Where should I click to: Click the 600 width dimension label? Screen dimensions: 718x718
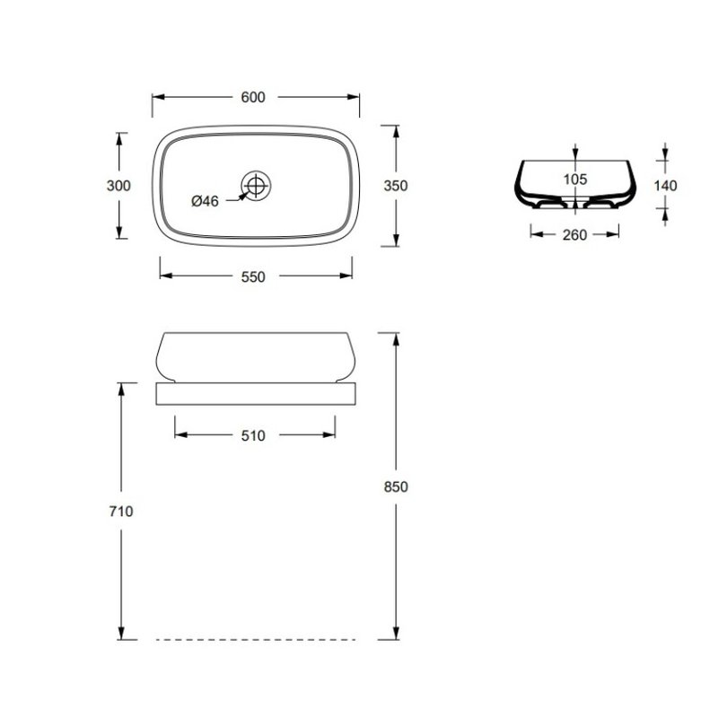tap(253, 97)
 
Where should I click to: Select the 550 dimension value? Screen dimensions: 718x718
tap(253, 276)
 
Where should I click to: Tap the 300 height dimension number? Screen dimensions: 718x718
tap(118, 186)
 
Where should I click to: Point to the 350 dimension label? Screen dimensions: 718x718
tap(396, 186)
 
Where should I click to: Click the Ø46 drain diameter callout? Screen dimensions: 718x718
tap(205, 200)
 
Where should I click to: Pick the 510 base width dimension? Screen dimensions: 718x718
tap(253, 435)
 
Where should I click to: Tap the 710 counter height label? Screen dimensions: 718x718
tap(121, 511)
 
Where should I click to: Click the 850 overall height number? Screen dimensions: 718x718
tap(396, 486)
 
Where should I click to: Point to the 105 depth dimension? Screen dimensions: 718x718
tap(575, 179)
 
